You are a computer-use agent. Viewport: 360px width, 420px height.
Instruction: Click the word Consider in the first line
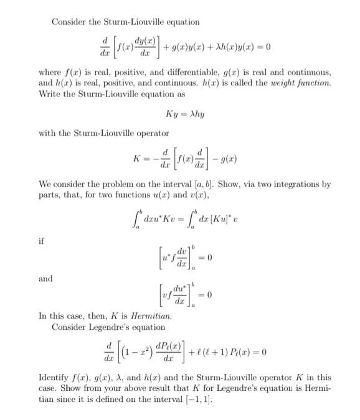click(x=69, y=22)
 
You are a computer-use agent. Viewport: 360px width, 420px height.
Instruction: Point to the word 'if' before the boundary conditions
click(x=42, y=238)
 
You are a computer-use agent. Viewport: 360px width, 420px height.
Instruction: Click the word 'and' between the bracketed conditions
click(x=45, y=278)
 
